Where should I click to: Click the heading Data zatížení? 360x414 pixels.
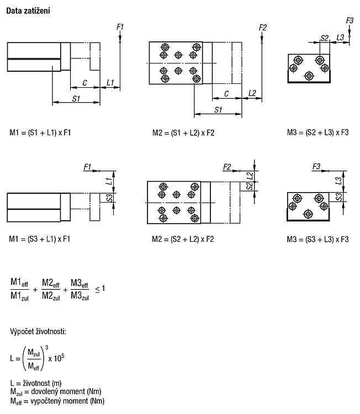[x=28, y=11]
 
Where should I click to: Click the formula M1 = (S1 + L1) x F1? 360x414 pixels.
[x=40, y=132]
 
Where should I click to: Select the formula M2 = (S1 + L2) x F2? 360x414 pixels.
[x=183, y=132]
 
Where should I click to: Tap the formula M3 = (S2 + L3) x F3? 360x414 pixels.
[x=317, y=132]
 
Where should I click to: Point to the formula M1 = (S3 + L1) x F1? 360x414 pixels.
[x=40, y=239]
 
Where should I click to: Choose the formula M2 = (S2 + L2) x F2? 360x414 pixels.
[x=183, y=239]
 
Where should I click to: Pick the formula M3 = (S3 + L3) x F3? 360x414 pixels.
[x=317, y=240]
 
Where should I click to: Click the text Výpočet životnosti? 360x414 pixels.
[x=38, y=331]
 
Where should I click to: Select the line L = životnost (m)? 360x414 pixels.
[x=36, y=383]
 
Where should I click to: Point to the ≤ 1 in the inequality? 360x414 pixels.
[x=100, y=289]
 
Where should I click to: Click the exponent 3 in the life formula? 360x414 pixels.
[x=47, y=347]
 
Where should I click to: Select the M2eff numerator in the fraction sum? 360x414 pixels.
[x=51, y=283]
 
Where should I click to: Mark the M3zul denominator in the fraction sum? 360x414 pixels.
[x=80, y=296]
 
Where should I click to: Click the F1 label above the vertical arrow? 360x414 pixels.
[x=120, y=26]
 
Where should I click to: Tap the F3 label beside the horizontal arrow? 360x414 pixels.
[x=316, y=167]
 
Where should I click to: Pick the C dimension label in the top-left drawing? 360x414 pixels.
[x=85, y=83]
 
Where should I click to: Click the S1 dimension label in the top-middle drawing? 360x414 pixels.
[x=218, y=110]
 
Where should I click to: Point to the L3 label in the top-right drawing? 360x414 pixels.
[x=341, y=37]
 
